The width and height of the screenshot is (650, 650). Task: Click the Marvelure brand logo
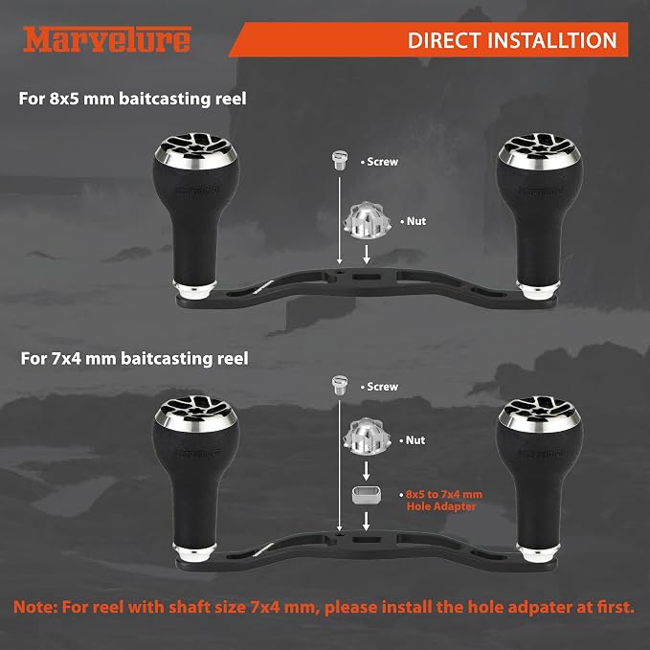pyautogui.click(x=107, y=39)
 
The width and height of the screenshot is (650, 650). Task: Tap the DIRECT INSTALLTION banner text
pyautogui.click(x=512, y=40)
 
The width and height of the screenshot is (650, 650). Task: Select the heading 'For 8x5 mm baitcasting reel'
pyautogui.click(x=133, y=99)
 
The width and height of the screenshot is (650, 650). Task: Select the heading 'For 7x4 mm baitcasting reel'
pyautogui.click(x=135, y=359)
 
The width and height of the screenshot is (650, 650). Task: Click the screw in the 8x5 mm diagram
pyautogui.click(x=339, y=161)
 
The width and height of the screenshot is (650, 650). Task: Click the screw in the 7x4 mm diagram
pyautogui.click(x=340, y=385)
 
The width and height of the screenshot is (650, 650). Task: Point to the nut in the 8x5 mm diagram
pyautogui.click(x=367, y=221)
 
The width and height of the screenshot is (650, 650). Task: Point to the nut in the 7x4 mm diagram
pyautogui.click(x=367, y=437)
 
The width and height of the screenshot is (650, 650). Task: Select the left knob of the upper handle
pyautogui.click(x=195, y=215)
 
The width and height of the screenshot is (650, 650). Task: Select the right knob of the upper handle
pyautogui.click(x=539, y=215)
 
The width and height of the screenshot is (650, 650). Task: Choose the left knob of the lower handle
pyautogui.click(x=195, y=478)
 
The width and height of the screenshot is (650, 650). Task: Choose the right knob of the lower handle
pyautogui.click(x=539, y=478)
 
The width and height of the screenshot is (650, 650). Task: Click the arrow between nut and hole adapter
pyautogui.click(x=366, y=471)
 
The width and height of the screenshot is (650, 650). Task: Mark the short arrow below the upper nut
pyautogui.click(x=367, y=254)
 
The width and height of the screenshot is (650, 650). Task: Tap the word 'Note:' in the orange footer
pyautogui.click(x=34, y=607)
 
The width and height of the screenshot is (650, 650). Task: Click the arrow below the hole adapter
pyautogui.click(x=366, y=521)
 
